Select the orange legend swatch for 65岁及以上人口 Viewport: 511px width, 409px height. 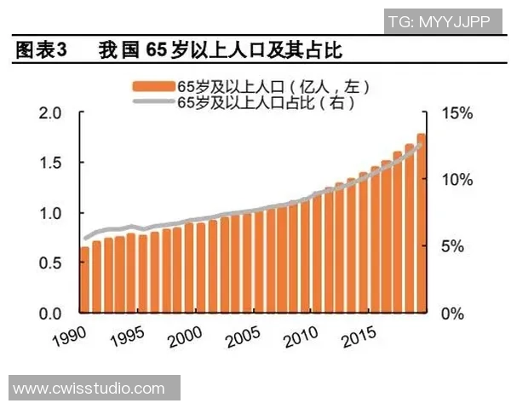point(152,85)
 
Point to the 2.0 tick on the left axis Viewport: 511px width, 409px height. point(50,113)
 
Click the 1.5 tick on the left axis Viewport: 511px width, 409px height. point(50,164)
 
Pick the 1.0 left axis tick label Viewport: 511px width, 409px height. point(50,213)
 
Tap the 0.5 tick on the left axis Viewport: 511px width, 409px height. point(50,263)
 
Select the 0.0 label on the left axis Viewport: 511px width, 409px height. point(50,314)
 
